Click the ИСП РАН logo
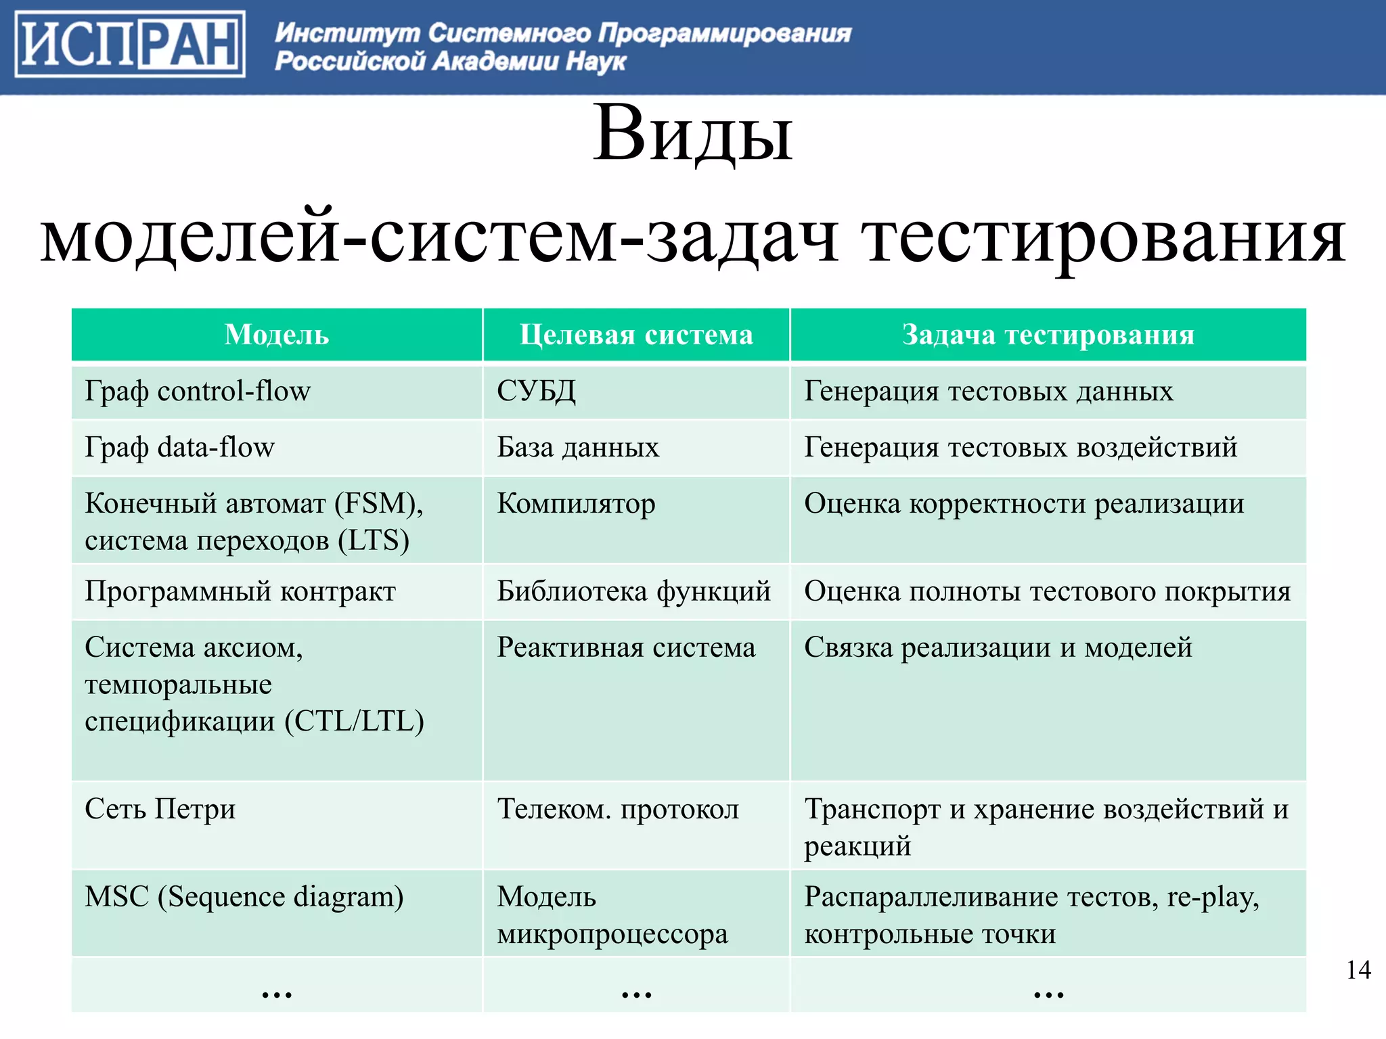130,44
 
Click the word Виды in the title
692,134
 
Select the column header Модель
277,335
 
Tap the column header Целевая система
636,335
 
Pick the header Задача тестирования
1048,335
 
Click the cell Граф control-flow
198,392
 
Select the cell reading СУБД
537,392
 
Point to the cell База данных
578,448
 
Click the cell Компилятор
576,504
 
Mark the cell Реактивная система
626,648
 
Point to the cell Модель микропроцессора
612,915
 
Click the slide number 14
1358,970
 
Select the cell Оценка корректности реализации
1024,504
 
